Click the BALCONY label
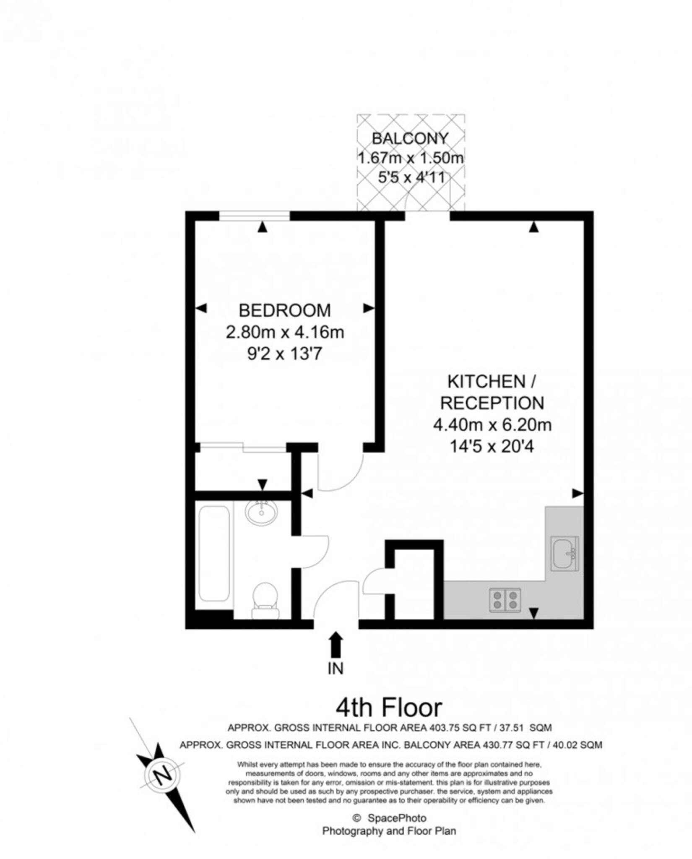coord(410,138)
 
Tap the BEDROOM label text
coord(285,310)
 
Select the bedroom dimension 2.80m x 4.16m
coord(285,332)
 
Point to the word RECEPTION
coord(492,403)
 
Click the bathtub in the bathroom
coord(214,553)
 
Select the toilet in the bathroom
coord(265,600)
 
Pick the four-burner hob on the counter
coord(505,600)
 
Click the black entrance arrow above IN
coord(336,645)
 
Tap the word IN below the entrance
coord(336,669)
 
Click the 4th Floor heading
coord(389,708)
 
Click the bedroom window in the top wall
coord(255,216)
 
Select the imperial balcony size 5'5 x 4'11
coord(411,178)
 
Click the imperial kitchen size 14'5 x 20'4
coord(492,447)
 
